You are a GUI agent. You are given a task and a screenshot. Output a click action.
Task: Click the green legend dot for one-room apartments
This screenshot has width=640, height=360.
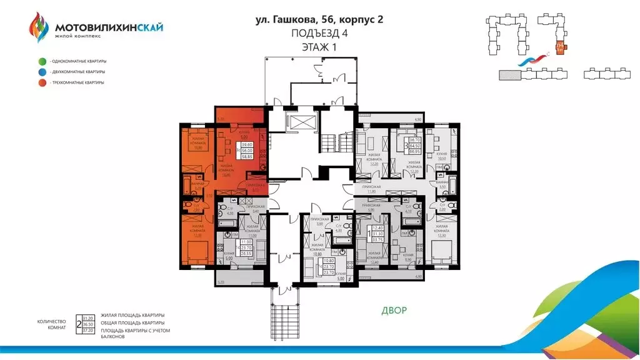(x=42, y=61)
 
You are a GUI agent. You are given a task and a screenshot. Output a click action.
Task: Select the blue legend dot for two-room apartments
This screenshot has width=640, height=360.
(x=42, y=72)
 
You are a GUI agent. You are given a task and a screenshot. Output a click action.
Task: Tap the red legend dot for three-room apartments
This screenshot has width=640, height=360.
(x=42, y=82)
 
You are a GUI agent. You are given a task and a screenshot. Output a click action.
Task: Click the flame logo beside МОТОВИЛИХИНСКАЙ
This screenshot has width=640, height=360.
(x=39, y=28)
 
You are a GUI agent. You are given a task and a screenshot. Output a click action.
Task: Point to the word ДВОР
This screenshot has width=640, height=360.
(x=393, y=310)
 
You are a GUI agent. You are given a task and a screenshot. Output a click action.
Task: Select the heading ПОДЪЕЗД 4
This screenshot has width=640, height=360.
(x=319, y=32)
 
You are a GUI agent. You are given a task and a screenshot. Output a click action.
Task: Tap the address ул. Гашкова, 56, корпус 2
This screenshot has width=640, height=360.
(x=319, y=19)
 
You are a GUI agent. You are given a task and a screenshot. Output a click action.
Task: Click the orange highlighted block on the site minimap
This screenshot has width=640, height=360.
(x=561, y=46)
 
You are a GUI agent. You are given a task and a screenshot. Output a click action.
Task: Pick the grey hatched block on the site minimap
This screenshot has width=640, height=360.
(x=509, y=74)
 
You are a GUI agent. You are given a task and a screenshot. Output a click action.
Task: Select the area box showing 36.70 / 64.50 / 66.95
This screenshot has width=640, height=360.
(x=410, y=145)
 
